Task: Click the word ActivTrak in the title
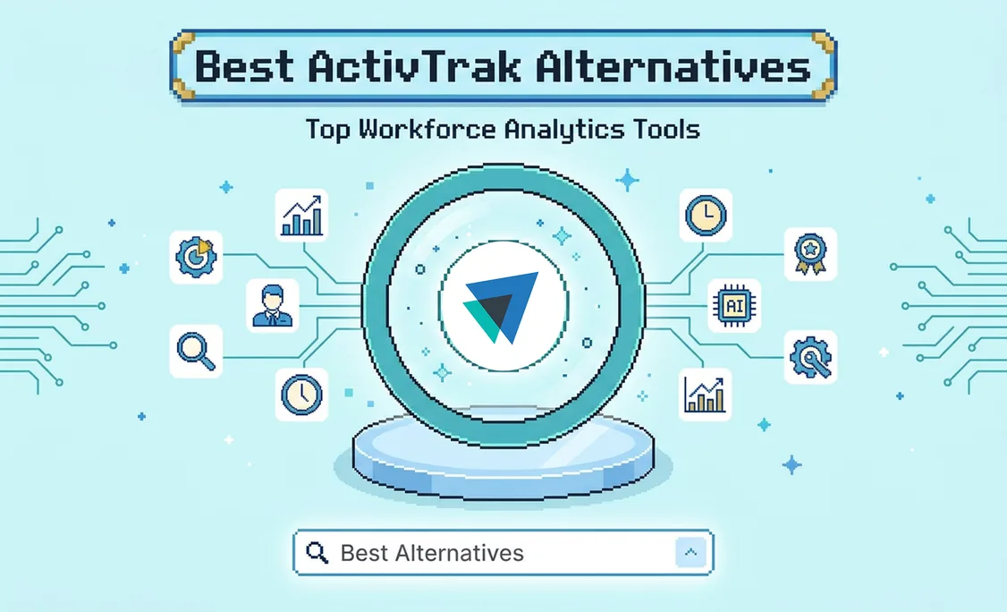413,66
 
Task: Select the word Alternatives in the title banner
673,66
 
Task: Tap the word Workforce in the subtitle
427,129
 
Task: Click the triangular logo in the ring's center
501,307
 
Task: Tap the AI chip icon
734,305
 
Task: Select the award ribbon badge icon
810,254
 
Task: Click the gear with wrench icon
810,357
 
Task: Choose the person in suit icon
272,305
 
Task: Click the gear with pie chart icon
196,257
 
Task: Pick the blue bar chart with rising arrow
302,216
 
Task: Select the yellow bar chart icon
705,394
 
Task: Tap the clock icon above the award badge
706,216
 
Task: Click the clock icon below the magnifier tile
302,394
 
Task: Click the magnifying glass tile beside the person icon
196,351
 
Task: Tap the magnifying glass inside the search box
317,552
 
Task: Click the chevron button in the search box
690,552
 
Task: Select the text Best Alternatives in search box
432,553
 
